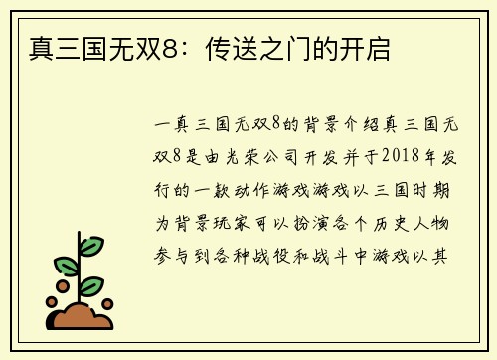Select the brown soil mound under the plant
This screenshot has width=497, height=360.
(82, 316)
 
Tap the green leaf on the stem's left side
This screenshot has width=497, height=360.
(67, 266)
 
